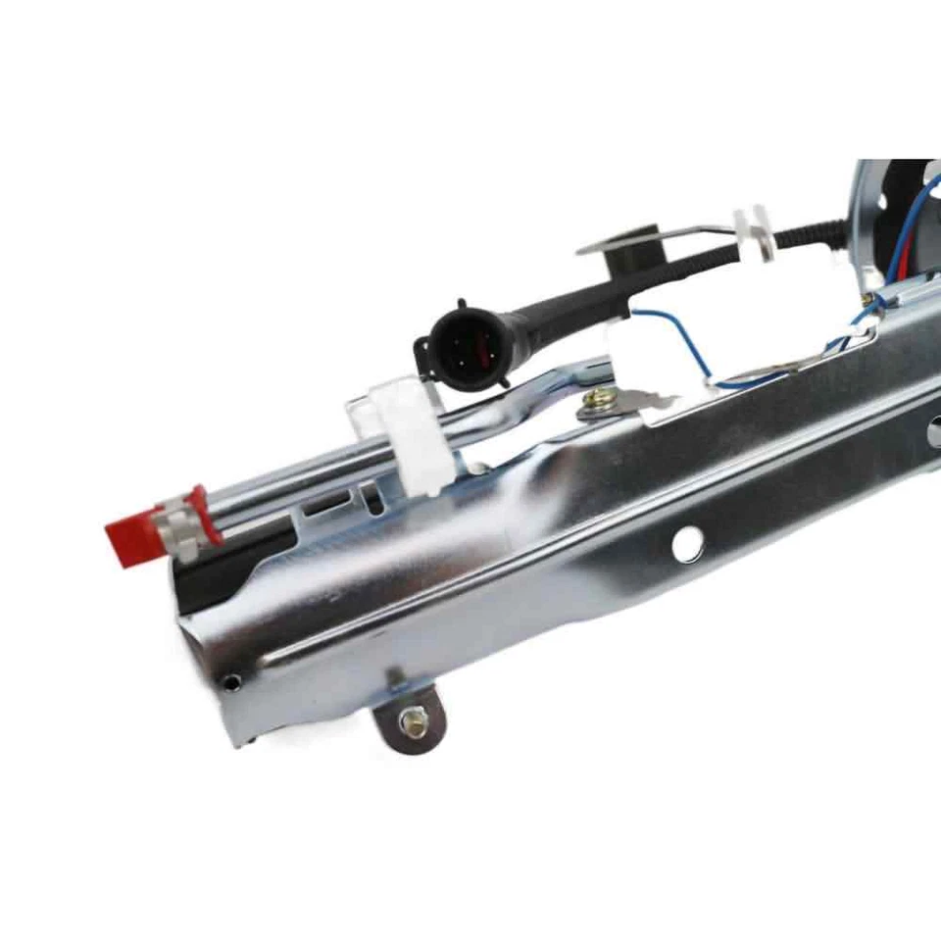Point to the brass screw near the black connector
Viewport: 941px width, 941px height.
tap(594, 400)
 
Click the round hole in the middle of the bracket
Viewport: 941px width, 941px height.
tap(687, 543)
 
